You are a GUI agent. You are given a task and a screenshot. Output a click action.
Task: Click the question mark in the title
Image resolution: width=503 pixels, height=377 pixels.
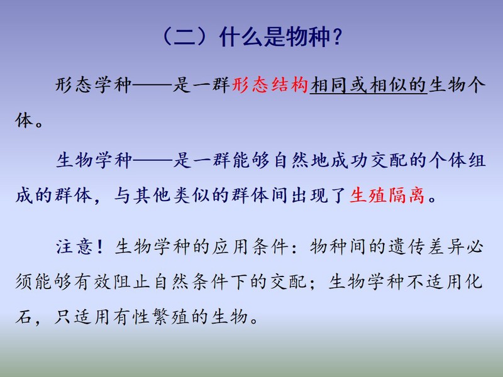click(x=336, y=37)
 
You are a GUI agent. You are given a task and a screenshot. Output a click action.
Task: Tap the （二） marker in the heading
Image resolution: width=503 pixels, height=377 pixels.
click(x=185, y=37)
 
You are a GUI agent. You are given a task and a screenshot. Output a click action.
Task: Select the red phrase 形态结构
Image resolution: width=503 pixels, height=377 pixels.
click(x=270, y=85)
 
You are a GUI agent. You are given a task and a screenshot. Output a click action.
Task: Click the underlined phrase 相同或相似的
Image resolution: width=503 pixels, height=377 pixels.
click(x=368, y=85)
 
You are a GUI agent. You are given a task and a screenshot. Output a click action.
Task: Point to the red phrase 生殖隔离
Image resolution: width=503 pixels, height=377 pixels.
click(x=387, y=195)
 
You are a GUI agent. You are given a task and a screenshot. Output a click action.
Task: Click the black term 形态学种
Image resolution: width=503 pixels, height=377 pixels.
click(x=93, y=85)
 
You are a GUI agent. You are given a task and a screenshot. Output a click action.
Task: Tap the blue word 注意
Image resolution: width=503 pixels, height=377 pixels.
click(x=74, y=246)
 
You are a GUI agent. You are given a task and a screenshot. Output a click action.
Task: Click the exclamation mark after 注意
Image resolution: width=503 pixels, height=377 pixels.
click(x=100, y=246)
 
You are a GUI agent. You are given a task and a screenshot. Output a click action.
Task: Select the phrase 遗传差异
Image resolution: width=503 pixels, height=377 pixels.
click(x=426, y=246)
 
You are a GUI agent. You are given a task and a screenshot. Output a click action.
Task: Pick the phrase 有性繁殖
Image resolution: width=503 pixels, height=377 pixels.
click(x=151, y=317)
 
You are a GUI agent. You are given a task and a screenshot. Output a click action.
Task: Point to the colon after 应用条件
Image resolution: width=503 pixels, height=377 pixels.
click(x=295, y=248)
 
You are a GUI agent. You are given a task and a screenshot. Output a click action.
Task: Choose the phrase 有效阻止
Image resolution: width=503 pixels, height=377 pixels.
click(x=112, y=281)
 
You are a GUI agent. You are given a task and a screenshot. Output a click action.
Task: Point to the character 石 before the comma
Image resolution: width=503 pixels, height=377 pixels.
click(x=24, y=317)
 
